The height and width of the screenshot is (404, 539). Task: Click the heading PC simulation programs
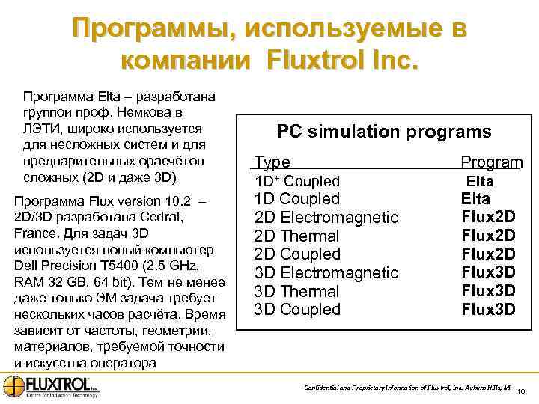[384, 132]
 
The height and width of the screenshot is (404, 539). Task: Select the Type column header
[272, 162]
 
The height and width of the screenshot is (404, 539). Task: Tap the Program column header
[491, 162]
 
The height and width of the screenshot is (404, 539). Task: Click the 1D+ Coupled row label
[297, 181]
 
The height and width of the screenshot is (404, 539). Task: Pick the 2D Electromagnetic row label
[326, 218]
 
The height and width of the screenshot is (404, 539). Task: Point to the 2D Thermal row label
[297, 236]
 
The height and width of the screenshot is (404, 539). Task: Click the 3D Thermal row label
[297, 292]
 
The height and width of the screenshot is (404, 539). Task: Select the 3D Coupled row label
[297, 310]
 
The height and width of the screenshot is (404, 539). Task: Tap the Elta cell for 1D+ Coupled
[480, 181]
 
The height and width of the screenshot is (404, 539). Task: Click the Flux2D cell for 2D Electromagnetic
[488, 217]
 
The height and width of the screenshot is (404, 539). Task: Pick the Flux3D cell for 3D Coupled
[488, 309]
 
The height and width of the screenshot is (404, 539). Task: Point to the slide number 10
[522, 391]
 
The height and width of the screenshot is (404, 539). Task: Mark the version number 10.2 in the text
[183, 201]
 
